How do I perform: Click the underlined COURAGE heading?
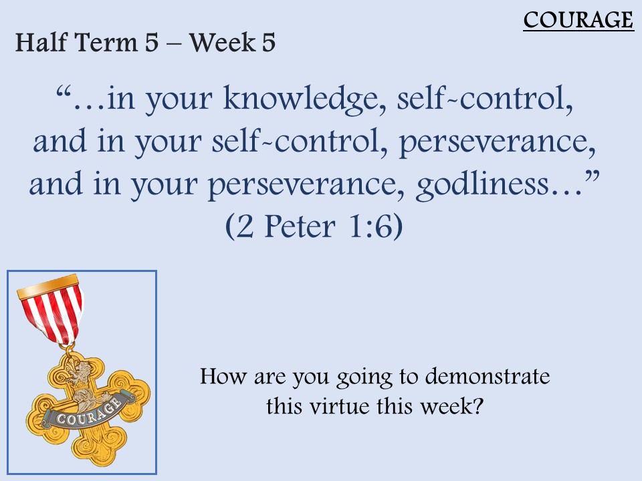[578, 20]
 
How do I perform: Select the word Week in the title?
[222, 42]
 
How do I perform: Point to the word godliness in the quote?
[482, 185]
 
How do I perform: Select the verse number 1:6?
[371, 226]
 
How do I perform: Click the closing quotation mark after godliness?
[593, 176]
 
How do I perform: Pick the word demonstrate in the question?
[488, 376]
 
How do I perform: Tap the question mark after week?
[478, 406]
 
